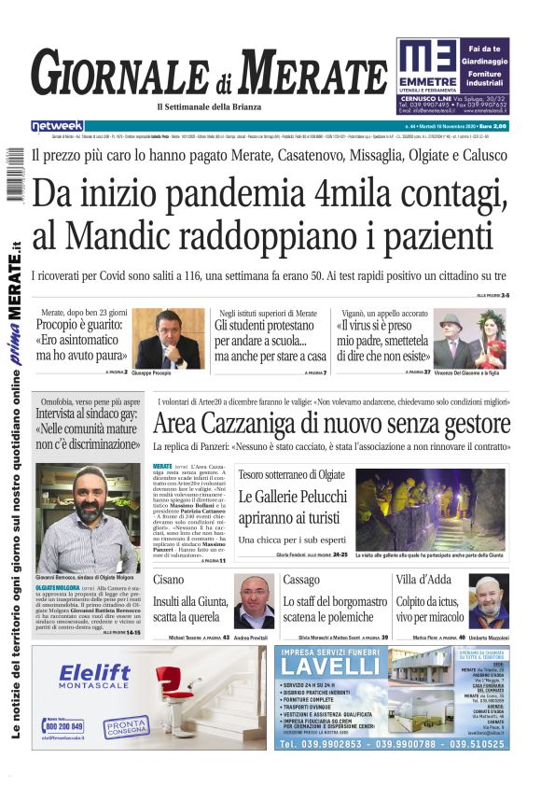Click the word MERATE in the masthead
pos(311,73)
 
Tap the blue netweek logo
pos(57,125)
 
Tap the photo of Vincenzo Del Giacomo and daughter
pos(472,340)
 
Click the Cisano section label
pos(170,580)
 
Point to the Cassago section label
pos(301,580)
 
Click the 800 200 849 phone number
pos(64,726)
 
